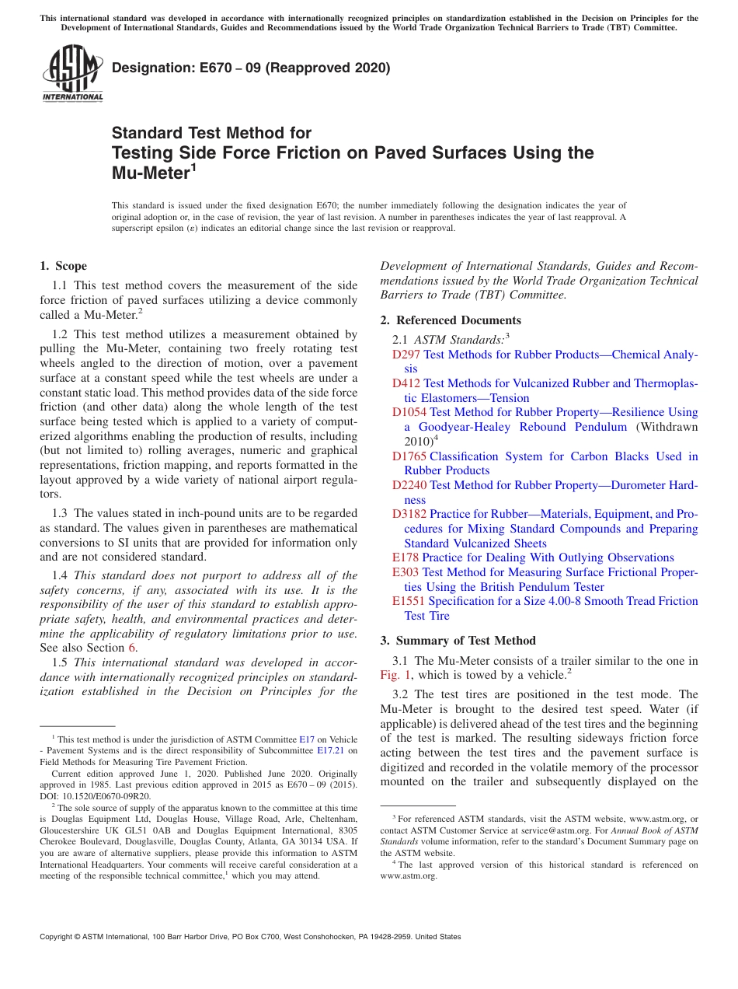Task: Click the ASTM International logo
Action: coord(72,74)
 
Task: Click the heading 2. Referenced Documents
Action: coord(451,320)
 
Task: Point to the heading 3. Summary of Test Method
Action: coord(458,641)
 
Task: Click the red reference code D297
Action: coord(406,355)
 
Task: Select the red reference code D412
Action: coord(406,383)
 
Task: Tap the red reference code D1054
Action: coord(409,412)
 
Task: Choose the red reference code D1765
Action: coord(409,456)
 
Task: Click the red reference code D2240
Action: coord(409,485)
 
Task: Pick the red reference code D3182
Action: coord(409,514)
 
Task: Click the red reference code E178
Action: coord(406,557)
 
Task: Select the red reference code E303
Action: coord(406,572)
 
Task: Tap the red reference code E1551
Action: coord(409,601)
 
